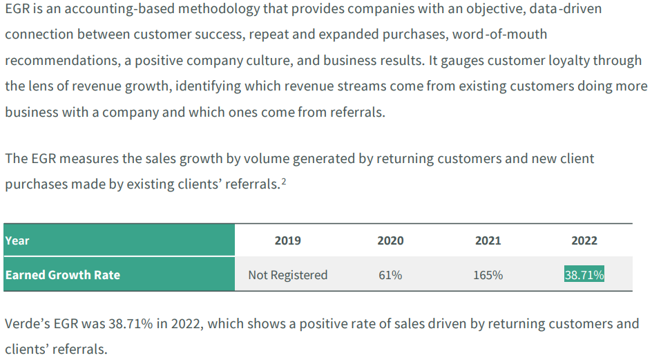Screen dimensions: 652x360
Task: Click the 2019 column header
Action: point(288,240)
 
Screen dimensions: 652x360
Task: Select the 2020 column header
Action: point(390,240)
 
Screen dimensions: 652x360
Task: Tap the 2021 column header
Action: point(488,240)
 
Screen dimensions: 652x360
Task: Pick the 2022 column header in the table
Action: point(584,240)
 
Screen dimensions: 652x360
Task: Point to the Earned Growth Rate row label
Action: point(63,275)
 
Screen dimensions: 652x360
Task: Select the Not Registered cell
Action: point(288,275)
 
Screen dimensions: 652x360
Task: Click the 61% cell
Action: point(390,275)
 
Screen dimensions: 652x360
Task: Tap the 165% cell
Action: point(488,275)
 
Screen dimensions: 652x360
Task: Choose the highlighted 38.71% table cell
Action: point(584,274)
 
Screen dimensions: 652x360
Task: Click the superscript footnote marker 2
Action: point(284,181)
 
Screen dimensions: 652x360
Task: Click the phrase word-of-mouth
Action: point(500,34)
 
